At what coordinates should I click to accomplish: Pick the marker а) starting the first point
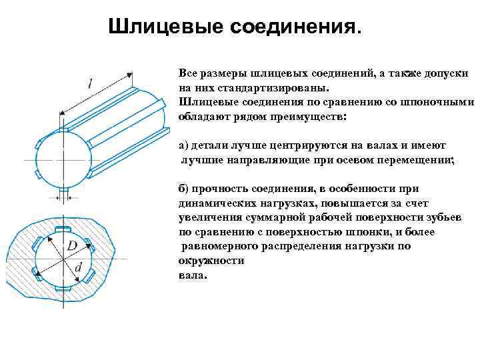point(185,145)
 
